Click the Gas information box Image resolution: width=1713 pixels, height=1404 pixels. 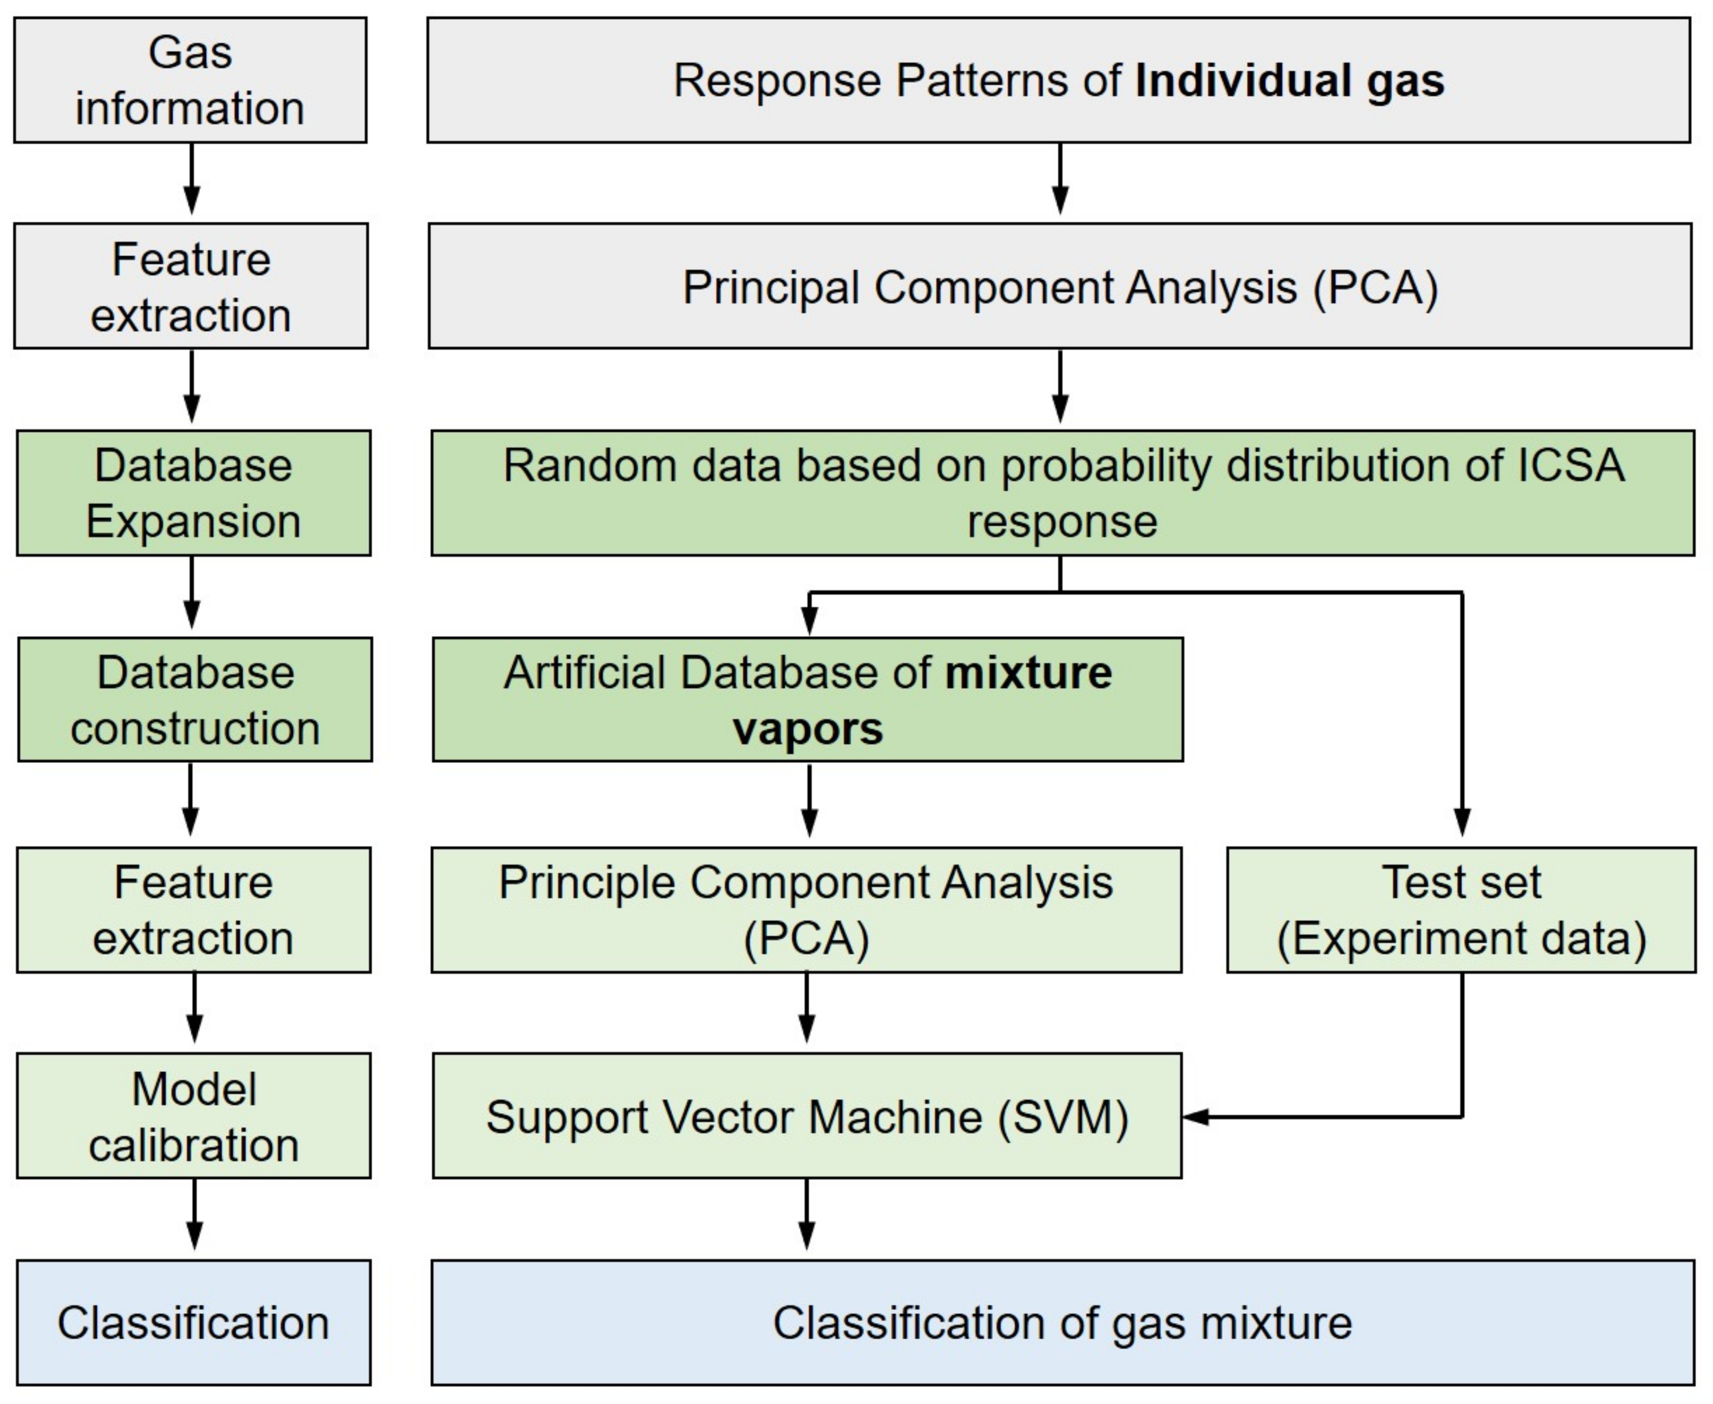190,80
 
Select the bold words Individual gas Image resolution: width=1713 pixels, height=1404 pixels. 1289,81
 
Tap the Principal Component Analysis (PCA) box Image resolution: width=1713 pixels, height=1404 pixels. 1060,286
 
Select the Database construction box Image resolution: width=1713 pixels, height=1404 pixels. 195,700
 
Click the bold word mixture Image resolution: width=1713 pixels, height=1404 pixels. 1028,673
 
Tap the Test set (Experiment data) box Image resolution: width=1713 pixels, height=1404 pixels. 1461,910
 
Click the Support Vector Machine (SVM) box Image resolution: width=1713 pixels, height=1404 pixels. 806,1116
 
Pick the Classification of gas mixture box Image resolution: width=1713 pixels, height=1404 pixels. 1062,1323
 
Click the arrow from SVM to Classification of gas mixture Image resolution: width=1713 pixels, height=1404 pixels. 806,1213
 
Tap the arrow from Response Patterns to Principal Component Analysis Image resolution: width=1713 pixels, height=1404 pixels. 1060,180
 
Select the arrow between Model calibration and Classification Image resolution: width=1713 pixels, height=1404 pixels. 194,1213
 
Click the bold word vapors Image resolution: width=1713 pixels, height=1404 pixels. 807,729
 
